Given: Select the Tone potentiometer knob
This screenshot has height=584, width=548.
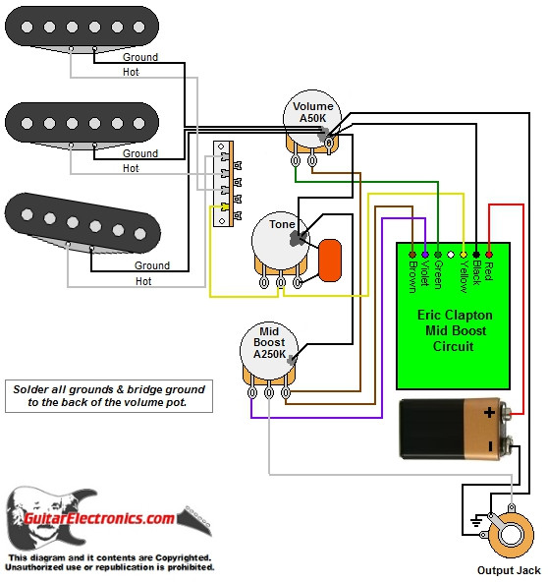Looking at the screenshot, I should click(281, 241).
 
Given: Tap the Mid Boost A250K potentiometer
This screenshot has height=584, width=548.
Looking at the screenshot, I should click(267, 354).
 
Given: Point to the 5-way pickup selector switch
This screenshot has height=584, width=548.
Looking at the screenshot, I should click(226, 184).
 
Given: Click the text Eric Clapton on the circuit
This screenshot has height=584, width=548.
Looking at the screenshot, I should click(454, 317).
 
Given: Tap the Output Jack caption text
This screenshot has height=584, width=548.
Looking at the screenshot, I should click(509, 570).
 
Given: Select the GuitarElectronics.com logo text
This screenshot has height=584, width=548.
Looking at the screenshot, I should click(113, 518).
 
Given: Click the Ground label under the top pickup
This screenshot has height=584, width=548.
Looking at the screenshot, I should click(139, 57).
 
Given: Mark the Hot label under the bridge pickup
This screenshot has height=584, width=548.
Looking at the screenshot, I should click(143, 281).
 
